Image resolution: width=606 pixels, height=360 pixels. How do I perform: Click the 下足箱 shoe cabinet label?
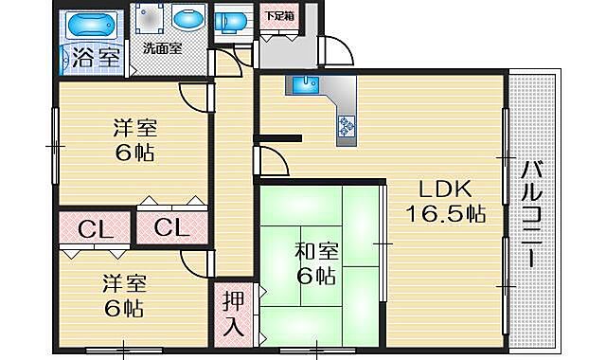coord(276,15)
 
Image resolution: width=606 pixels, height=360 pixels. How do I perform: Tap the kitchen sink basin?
coord(304,86)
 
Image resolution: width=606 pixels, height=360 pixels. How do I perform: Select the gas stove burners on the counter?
coord(346,124)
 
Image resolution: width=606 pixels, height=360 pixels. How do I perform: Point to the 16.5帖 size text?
coord(446,213)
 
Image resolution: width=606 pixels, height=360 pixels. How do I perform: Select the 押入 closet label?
coord(233,315)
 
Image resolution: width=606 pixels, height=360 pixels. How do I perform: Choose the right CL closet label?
coord(170,228)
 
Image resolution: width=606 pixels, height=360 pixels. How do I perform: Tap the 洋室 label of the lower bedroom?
coord(123,283)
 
